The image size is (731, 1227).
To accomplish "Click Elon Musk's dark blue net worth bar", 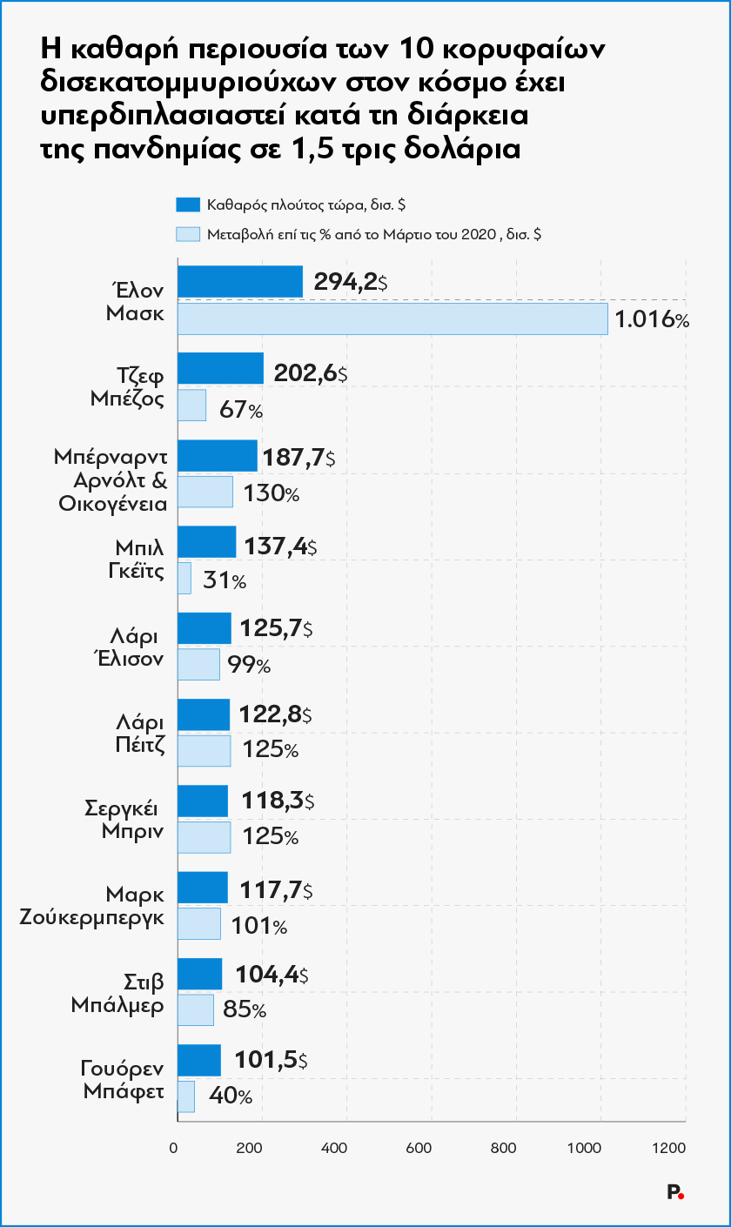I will pyautogui.click(x=239, y=282).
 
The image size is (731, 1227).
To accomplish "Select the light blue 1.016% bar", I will pyautogui.click(x=392, y=318).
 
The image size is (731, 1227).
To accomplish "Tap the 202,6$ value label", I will pyautogui.click(x=310, y=372).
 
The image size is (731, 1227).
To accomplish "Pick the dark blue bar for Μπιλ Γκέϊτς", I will pyautogui.click(x=206, y=541).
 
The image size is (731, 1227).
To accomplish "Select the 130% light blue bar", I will pyautogui.click(x=205, y=492).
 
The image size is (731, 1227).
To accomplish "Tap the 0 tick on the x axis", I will pyautogui.click(x=177, y=1149).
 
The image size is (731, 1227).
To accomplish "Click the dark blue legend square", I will pyautogui.click(x=188, y=205).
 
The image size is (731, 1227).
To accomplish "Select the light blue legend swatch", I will pyautogui.click(x=188, y=234).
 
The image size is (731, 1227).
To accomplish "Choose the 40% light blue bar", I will pyautogui.click(x=185, y=1096).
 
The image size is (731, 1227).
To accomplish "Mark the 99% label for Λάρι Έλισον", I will pyautogui.click(x=250, y=666).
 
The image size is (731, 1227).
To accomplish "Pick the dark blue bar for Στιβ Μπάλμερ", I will pyautogui.click(x=199, y=974).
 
